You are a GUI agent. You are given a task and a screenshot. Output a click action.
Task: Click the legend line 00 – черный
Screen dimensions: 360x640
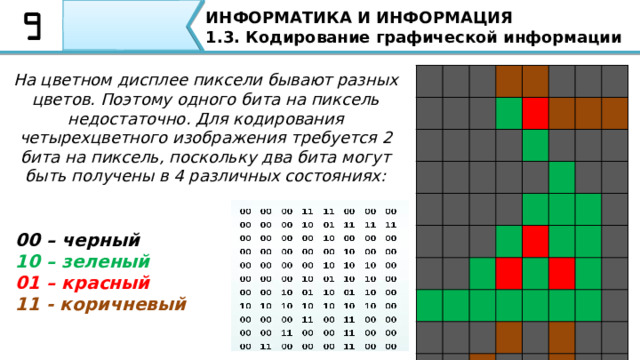click(78, 240)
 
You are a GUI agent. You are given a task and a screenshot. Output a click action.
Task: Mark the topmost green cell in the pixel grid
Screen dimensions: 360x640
click(508, 111)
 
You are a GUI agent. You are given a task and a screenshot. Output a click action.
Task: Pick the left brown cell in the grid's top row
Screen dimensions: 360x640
click(508, 79)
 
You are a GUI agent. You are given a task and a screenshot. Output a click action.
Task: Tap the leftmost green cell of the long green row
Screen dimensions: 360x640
click(430, 304)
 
